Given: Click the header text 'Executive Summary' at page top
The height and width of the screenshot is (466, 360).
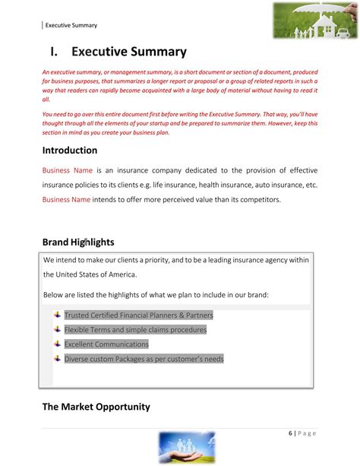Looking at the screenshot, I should pyautogui.click(x=71, y=25).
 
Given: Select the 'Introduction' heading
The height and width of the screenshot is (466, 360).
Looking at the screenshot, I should pyautogui.click(x=70, y=150).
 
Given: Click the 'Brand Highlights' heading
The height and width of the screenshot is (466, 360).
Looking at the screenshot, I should pyautogui.click(x=78, y=242).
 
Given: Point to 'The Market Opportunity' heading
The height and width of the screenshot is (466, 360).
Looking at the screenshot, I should pyautogui.click(x=96, y=407).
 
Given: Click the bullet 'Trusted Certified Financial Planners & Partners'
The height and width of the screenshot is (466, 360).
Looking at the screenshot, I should pyautogui.click(x=138, y=315).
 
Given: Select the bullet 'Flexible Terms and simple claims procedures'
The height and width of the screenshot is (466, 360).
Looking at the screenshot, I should pyautogui.click(x=135, y=329).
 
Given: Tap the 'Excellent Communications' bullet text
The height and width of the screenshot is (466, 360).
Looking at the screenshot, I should pyautogui.click(x=106, y=344).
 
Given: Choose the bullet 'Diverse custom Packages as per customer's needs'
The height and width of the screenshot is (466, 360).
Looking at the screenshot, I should pyautogui.click(x=144, y=358).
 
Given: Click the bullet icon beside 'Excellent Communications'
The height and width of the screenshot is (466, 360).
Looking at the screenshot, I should pyautogui.click(x=57, y=344).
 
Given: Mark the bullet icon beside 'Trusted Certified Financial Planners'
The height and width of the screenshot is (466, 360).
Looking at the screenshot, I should pyautogui.click(x=57, y=315).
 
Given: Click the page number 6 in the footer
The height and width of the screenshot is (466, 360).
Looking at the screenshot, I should pyautogui.click(x=291, y=433).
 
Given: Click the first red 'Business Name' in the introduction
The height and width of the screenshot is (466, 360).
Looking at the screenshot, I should pyautogui.click(x=66, y=170).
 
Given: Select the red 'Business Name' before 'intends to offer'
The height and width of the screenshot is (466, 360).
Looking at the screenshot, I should pyautogui.click(x=66, y=199).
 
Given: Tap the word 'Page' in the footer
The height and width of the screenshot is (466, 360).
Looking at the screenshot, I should pyautogui.click(x=308, y=433).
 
